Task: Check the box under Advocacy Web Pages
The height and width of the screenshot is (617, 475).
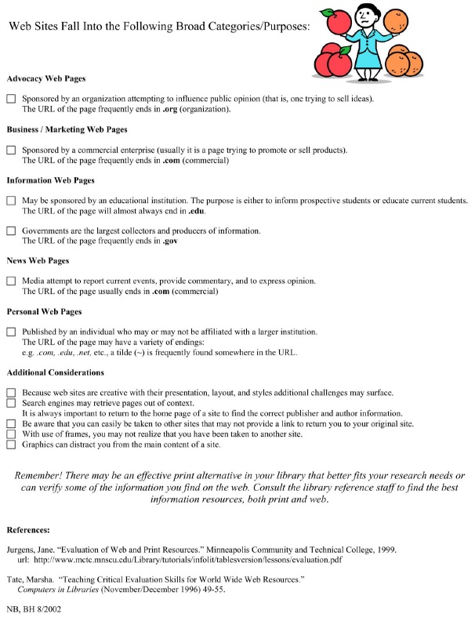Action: [x=11, y=99]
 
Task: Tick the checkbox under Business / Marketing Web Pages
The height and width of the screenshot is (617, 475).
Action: [x=11, y=149]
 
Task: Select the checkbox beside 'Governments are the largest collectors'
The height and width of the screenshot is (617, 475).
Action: [x=11, y=230]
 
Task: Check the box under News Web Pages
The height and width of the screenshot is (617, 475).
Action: [x=11, y=281]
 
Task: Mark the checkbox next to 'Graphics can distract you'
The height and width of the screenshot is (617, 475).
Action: [x=11, y=445]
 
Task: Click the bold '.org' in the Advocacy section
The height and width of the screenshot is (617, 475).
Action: [x=171, y=110]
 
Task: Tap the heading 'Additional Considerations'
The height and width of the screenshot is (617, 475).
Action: [x=55, y=372]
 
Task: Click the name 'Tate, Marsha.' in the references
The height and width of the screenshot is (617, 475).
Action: [x=29, y=579]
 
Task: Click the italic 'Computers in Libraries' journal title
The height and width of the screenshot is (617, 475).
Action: [x=63, y=590]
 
